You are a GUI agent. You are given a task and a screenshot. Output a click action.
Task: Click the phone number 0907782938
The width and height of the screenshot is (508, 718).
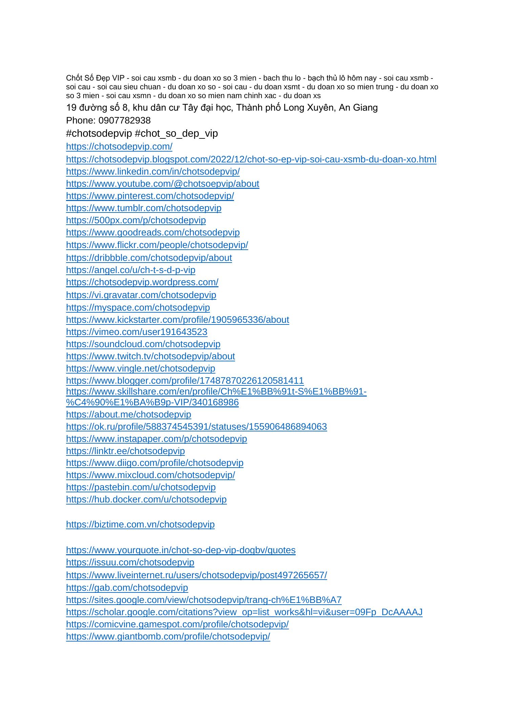[x=124, y=120]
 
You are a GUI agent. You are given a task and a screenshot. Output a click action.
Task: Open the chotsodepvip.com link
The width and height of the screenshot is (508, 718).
[x=119, y=147]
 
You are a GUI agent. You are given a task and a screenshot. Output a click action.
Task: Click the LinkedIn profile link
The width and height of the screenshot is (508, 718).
[x=153, y=172]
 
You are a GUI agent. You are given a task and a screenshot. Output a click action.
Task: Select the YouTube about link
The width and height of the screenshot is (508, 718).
[x=163, y=184]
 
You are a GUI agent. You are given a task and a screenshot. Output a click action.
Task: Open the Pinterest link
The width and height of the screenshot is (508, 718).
[x=150, y=196]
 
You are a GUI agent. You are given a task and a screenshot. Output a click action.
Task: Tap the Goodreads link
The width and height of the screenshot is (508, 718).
[x=153, y=232]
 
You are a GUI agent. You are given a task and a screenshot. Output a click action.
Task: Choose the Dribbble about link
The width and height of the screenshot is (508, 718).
[x=149, y=258]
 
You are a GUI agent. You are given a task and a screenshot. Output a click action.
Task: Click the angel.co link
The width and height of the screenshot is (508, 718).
[x=131, y=270]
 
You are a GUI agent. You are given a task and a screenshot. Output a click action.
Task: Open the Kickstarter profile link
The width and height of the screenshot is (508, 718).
[x=177, y=320]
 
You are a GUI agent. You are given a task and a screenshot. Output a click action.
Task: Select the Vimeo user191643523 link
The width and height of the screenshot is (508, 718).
[x=136, y=332]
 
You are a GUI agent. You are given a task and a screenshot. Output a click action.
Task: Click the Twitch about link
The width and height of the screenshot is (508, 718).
[x=150, y=356]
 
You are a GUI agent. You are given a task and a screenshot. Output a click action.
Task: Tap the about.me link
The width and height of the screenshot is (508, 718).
[x=129, y=414]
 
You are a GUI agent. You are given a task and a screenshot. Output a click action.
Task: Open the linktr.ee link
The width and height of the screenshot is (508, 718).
[x=125, y=451]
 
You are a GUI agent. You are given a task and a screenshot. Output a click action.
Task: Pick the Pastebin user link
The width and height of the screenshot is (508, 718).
[x=141, y=487]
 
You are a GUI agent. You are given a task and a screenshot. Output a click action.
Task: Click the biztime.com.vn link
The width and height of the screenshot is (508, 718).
[x=140, y=524]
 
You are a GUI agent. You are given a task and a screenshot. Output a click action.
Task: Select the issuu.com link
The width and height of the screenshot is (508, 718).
[x=130, y=562]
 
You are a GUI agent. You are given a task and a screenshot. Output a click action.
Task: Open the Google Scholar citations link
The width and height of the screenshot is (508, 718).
[x=244, y=612]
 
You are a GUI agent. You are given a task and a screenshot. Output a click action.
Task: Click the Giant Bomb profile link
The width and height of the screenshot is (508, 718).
[x=168, y=636]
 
